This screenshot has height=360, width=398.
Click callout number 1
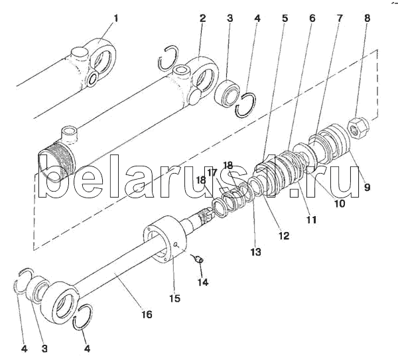coord(115,19)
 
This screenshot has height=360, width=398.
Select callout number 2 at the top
coord(202,19)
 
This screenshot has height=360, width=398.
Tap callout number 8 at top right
coord(367,19)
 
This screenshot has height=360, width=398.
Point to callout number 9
coord(367,188)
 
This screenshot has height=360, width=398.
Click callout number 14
coord(202,282)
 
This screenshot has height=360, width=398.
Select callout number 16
coord(147,314)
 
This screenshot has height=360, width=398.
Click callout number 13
coord(255,252)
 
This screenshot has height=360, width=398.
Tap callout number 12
coord(284,235)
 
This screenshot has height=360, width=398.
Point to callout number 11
coord(310,219)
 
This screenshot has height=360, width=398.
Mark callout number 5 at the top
coord(285,19)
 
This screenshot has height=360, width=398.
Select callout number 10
coord(339,204)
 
